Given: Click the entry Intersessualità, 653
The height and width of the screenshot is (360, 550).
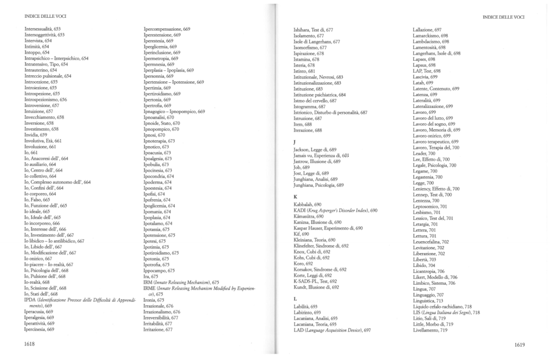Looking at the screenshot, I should click(x=42, y=28).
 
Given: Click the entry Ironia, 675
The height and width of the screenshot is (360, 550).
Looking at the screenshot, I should click(x=155, y=300).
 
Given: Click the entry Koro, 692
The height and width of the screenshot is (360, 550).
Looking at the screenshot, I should click(x=303, y=264).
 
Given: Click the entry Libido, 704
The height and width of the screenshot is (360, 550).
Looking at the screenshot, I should click(x=424, y=265).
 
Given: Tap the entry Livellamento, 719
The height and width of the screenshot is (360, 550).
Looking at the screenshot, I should click(x=430, y=330).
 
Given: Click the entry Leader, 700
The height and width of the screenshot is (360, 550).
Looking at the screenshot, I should click(x=424, y=153).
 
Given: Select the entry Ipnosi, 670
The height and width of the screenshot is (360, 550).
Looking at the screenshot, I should click(x=155, y=135).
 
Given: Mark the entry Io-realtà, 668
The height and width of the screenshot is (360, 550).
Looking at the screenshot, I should click(x=37, y=282).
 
